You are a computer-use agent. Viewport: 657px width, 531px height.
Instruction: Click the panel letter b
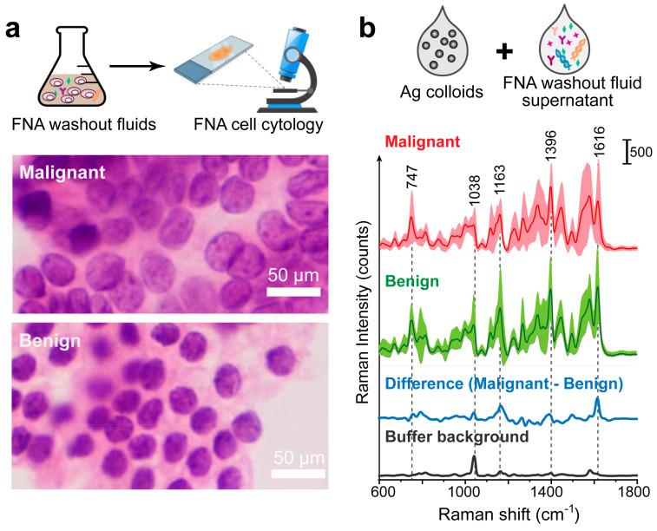click(x=368, y=26)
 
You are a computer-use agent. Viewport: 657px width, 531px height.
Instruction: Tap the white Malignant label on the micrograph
click(x=67, y=174)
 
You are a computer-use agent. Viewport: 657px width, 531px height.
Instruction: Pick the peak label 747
click(x=411, y=183)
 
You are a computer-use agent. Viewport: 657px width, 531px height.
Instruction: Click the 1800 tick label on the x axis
click(x=636, y=491)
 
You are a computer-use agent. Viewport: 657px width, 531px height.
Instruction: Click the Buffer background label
click(x=456, y=436)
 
